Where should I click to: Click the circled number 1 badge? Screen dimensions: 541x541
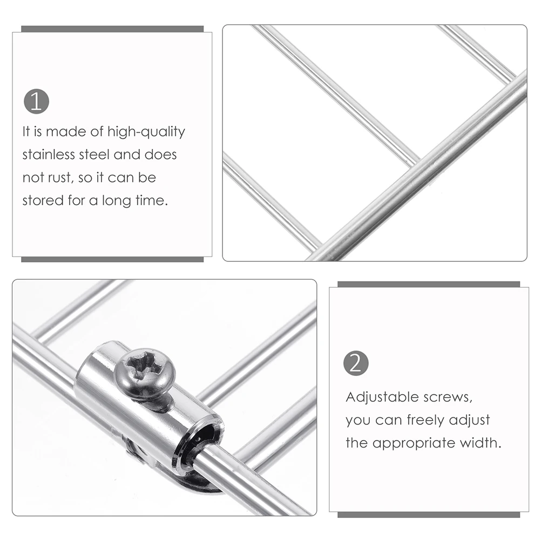(36, 102)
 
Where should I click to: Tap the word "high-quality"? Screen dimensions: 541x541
(146, 132)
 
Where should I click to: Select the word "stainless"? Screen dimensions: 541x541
(49, 154)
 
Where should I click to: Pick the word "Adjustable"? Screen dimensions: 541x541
(381, 397)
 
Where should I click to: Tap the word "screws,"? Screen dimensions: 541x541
(446, 397)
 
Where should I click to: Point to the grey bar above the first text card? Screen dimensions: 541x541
(112, 29)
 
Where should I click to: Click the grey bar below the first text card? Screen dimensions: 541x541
(112, 259)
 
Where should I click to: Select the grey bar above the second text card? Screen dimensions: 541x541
(429, 284)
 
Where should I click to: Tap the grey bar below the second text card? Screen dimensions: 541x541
(429, 515)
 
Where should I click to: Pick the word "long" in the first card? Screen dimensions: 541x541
(117, 201)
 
